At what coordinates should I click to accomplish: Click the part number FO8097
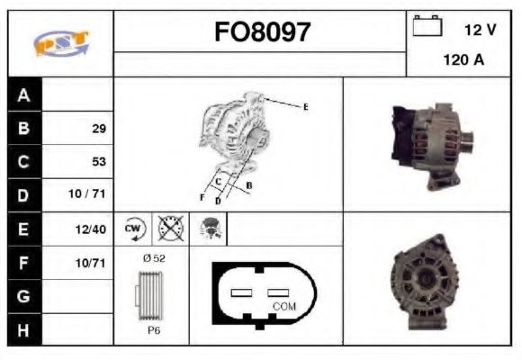(x=262, y=32)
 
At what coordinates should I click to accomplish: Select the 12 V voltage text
(x=480, y=30)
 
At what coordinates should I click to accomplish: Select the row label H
(x=23, y=329)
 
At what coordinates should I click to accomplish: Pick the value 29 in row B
(x=99, y=128)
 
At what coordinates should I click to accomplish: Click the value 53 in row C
(x=99, y=162)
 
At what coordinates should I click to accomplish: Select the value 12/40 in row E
(x=93, y=229)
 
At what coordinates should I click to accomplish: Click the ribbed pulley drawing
(x=150, y=294)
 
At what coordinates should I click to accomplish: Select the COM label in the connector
(x=283, y=306)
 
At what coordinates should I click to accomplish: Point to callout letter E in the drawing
(x=305, y=107)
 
